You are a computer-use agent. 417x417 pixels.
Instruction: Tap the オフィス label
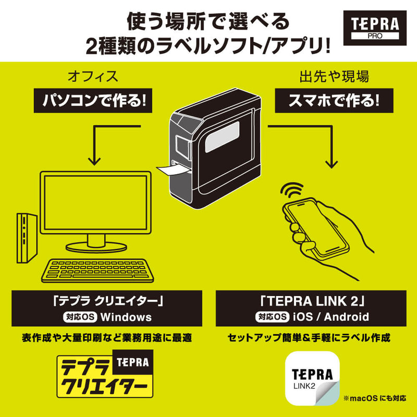point(93,77)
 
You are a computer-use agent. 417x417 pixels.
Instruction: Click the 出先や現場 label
point(334,77)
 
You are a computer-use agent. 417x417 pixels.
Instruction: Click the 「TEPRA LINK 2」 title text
point(311,300)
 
